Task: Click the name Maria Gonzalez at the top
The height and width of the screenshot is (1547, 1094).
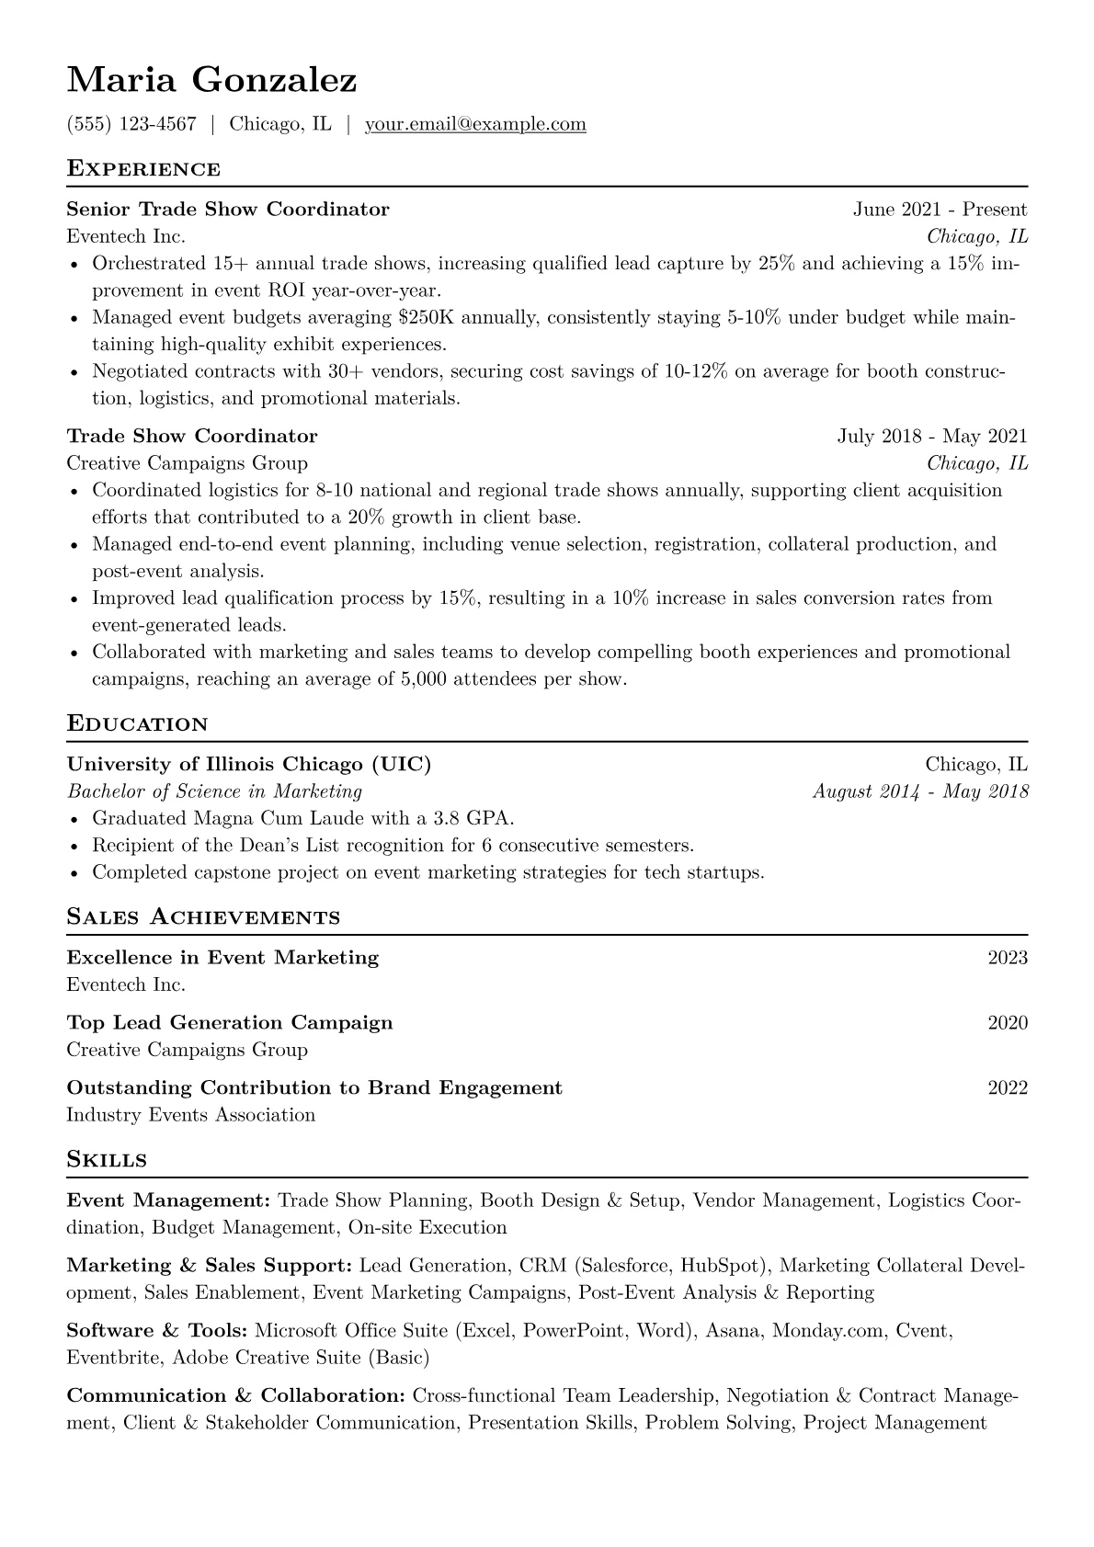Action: (x=211, y=81)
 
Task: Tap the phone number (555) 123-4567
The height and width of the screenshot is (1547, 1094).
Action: (x=131, y=124)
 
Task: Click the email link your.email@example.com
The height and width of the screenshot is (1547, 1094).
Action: (x=475, y=124)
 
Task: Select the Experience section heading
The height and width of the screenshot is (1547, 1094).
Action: (x=143, y=169)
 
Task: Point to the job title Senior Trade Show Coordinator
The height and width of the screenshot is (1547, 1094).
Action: (x=228, y=210)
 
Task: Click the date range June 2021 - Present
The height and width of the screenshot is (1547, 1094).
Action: (x=940, y=210)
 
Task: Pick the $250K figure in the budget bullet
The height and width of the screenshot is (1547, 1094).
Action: (x=427, y=318)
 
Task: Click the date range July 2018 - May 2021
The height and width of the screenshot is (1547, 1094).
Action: (x=932, y=437)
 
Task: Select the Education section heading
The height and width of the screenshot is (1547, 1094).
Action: (x=138, y=724)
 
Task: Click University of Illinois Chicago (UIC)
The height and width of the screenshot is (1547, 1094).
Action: (x=249, y=765)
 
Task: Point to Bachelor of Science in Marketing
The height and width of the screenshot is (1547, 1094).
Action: (x=214, y=791)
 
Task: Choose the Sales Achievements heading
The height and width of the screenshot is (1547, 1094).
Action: (x=203, y=917)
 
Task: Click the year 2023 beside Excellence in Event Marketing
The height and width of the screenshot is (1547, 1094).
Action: (x=1008, y=958)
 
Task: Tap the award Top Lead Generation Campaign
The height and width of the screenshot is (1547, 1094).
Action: (x=230, y=1023)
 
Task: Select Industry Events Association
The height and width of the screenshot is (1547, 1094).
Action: (x=191, y=1116)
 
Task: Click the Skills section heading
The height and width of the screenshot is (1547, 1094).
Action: (x=107, y=1160)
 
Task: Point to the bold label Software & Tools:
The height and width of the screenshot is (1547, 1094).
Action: (x=157, y=1331)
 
